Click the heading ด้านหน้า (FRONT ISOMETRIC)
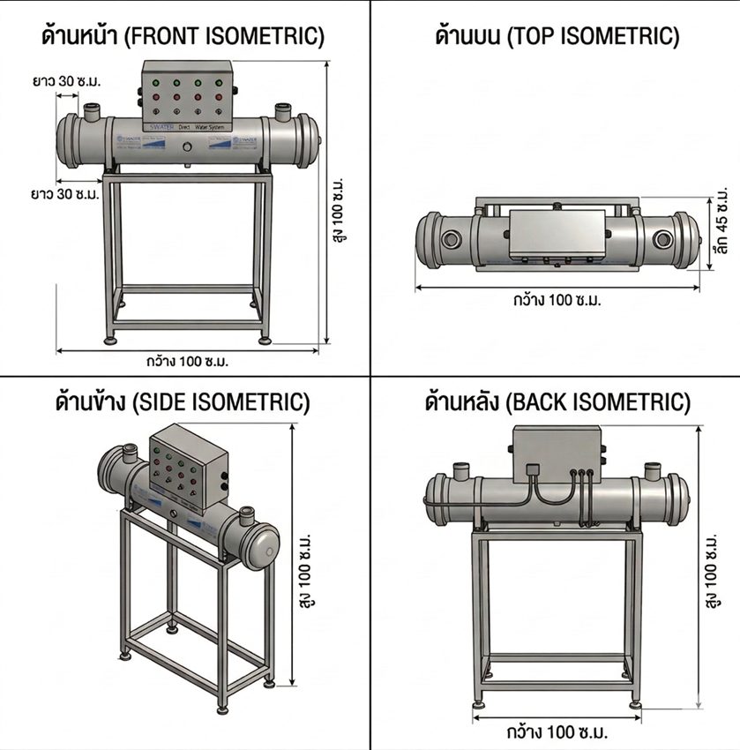click(x=183, y=36)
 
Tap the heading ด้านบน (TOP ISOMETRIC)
click(x=557, y=36)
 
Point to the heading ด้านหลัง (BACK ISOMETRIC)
click(x=557, y=403)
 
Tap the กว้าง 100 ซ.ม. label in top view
click(x=556, y=300)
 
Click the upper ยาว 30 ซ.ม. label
click(x=67, y=81)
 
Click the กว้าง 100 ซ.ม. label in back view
click(x=557, y=731)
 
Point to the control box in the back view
click(x=556, y=454)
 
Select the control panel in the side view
click(x=184, y=467)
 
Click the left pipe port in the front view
click(x=92, y=111)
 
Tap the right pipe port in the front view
click(x=282, y=112)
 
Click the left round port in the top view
click(x=452, y=238)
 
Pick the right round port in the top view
click(x=662, y=238)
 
